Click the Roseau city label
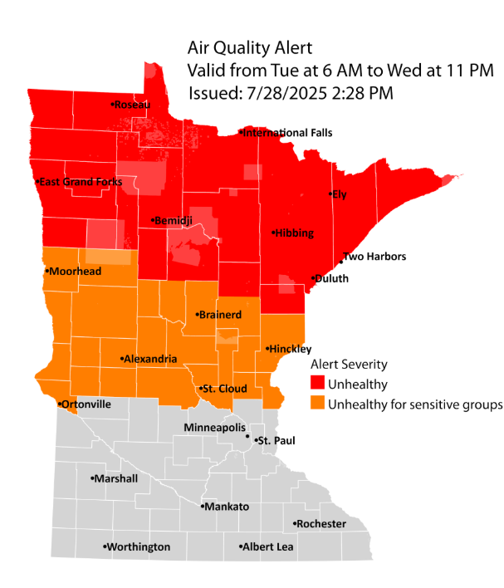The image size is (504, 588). click(x=134, y=105)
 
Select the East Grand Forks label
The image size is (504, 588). click(x=81, y=182)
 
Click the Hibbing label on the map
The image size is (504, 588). click(x=295, y=233)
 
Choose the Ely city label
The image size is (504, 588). click(x=338, y=194)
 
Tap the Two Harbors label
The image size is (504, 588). click(x=374, y=257)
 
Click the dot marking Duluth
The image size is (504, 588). click(x=312, y=278)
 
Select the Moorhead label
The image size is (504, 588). click(x=75, y=272)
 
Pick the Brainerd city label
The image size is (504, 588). click(x=220, y=315)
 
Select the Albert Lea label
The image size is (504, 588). click(x=267, y=547)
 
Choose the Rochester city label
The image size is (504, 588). click(x=321, y=524)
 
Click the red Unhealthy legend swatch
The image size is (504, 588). click(x=317, y=385)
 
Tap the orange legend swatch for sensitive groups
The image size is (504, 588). click(x=317, y=404)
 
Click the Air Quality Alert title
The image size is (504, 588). click(x=249, y=49)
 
